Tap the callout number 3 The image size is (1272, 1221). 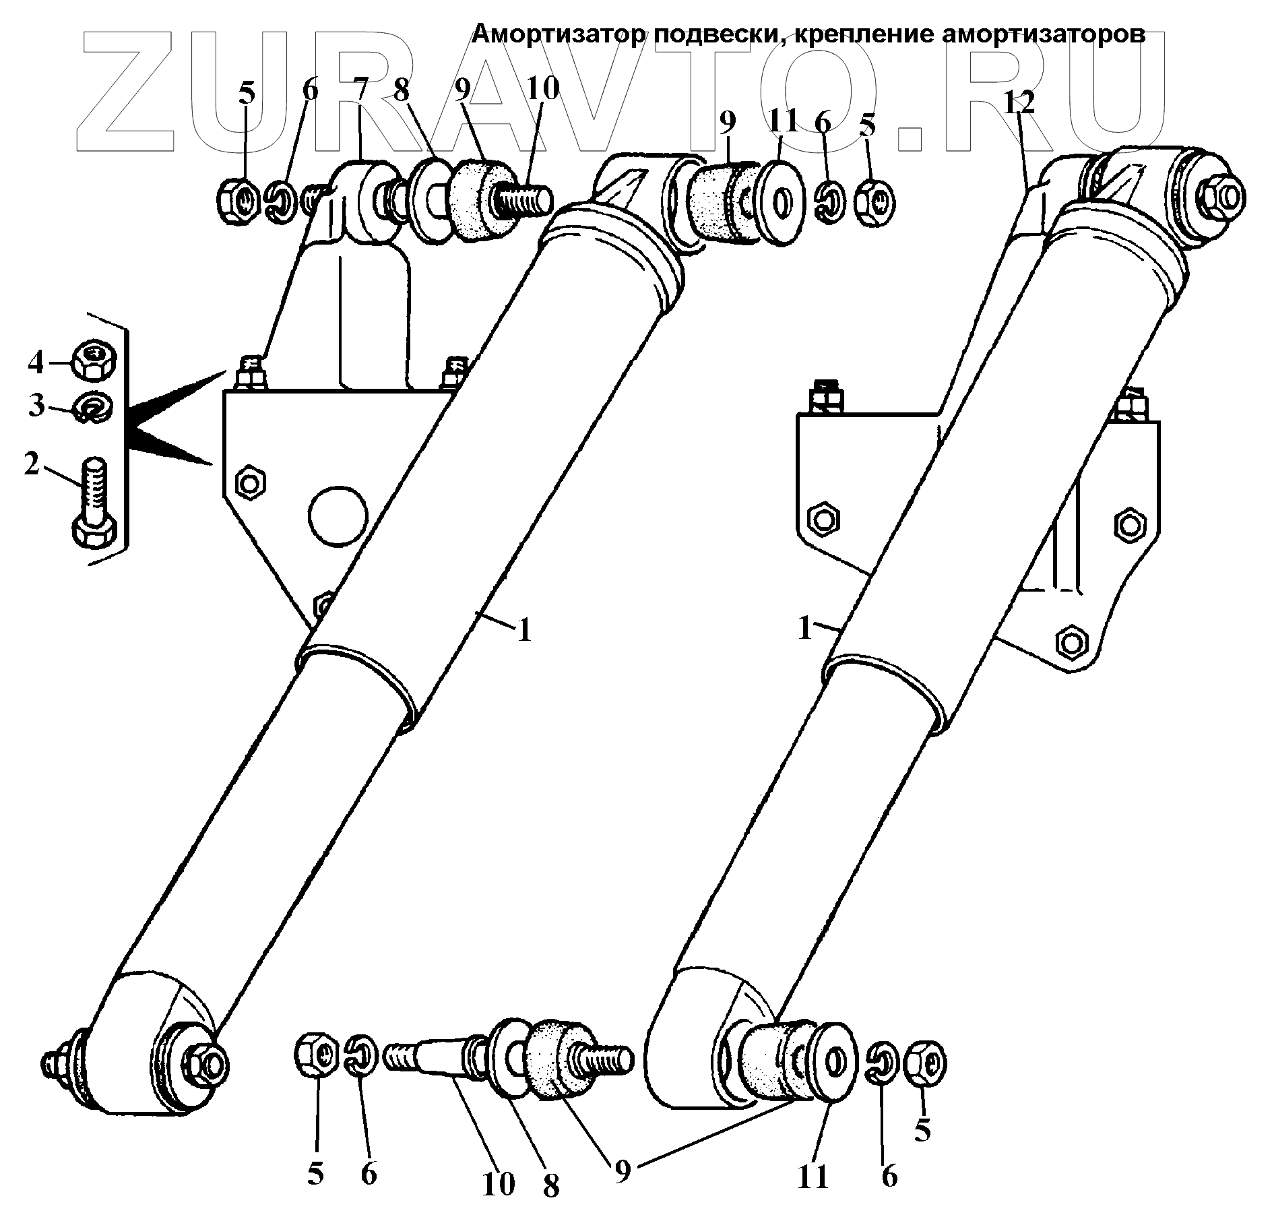coord(36,406)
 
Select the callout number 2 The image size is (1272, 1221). coord(32,464)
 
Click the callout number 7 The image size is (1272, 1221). coord(360,90)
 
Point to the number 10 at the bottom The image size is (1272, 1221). coord(498,1184)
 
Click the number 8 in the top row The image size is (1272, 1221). coord(402,90)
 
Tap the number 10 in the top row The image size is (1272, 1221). coord(542,89)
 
